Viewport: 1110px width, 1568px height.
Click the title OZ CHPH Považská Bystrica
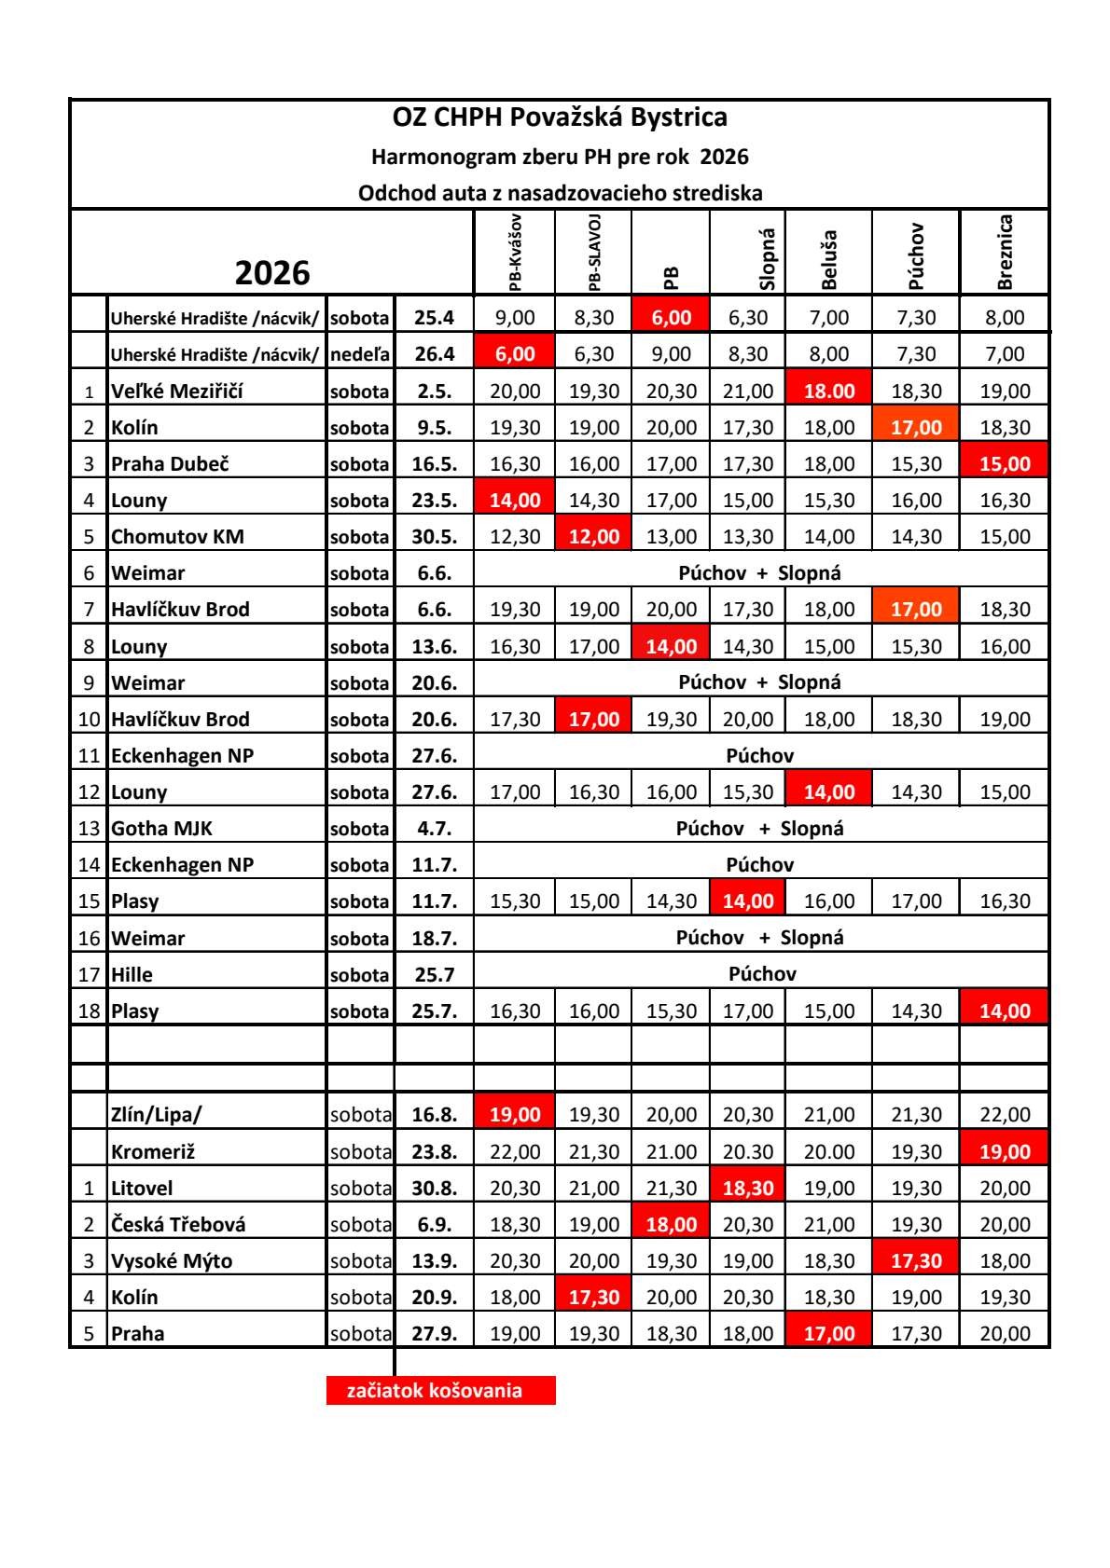pyautogui.click(x=560, y=117)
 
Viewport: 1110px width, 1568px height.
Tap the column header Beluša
pyautogui.click(x=829, y=259)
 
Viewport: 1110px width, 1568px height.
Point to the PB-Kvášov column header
pyautogui.click(x=515, y=253)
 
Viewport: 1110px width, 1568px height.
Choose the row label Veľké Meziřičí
pyautogui.click(x=177, y=391)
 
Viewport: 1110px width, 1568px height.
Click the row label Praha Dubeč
pyautogui.click(x=171, y=463)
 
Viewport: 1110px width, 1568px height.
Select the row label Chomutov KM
pyautogui.click(x=177, y=536)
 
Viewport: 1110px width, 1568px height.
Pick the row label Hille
pyautogui.click(x=132, y=974)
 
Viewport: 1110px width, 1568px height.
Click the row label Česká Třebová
pyautogui.click(x=178, y=1224)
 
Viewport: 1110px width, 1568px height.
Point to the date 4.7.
pyautogui.click(x=434, y=828)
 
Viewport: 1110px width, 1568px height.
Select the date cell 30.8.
pyautogui.click(x=434, y=1188)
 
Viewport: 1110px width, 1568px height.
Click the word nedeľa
pyautogui.click(x=359, y=354)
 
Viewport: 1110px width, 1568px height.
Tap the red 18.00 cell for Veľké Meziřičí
pyautogui.click(x=828, y=391)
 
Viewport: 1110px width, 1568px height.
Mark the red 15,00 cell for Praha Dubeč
pyautogui.click(x=1004, y=463)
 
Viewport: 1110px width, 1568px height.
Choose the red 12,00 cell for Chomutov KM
pyautogui.click(x=593, y=536)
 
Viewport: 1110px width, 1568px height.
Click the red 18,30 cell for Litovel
pyautogui.click(x=747, y=1188)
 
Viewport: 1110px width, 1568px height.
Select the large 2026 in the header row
pyautogui.click(x=271, y=272)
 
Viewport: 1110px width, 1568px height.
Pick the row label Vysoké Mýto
pyautogui.click(x=172, y=1260)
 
